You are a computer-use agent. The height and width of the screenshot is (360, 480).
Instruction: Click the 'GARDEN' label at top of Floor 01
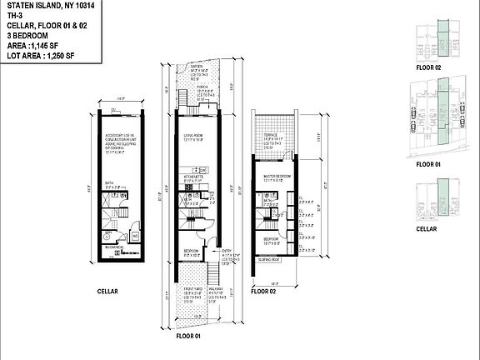click(197, 65)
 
